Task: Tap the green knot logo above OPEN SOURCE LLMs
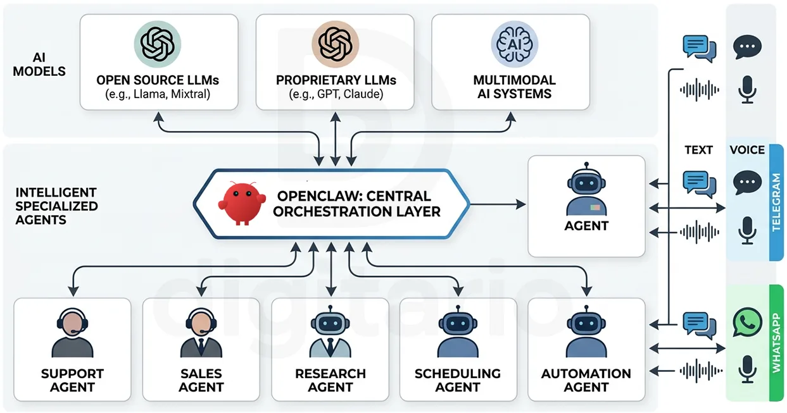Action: (157, 44)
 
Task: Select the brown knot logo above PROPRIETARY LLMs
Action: (335, 44)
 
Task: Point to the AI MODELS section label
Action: (39, 64)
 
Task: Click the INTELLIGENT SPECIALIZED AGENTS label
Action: (56, 206)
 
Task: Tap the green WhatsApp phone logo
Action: (747, 322)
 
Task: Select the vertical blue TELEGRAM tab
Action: (776, 202)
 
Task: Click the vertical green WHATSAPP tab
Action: (776, 342)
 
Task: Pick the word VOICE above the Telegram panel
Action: (747, 150)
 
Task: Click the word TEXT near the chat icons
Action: (698, 150)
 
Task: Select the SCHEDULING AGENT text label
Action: (458, 380)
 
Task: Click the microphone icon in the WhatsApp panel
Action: (748, 369)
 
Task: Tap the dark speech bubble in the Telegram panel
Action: (747, 183)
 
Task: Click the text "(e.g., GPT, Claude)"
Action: (336, 95)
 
